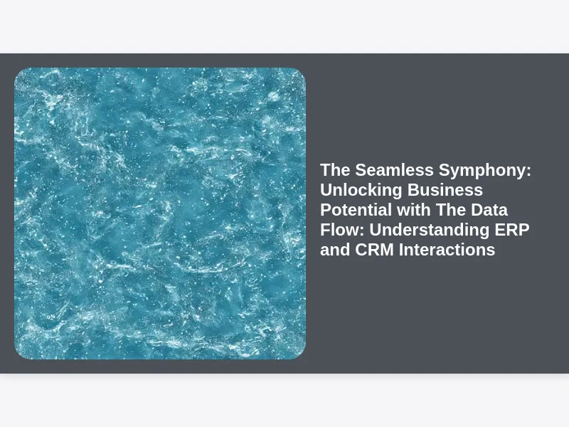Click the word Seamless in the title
tap(395, 170)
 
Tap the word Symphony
tap(482, 171)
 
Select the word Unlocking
tap(361, 190)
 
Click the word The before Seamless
tap(335, 170)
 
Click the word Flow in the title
tap(340, 230)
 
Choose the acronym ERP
tap(512, 230)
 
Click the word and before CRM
tap(335, 250)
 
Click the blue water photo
tap(160, 213)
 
